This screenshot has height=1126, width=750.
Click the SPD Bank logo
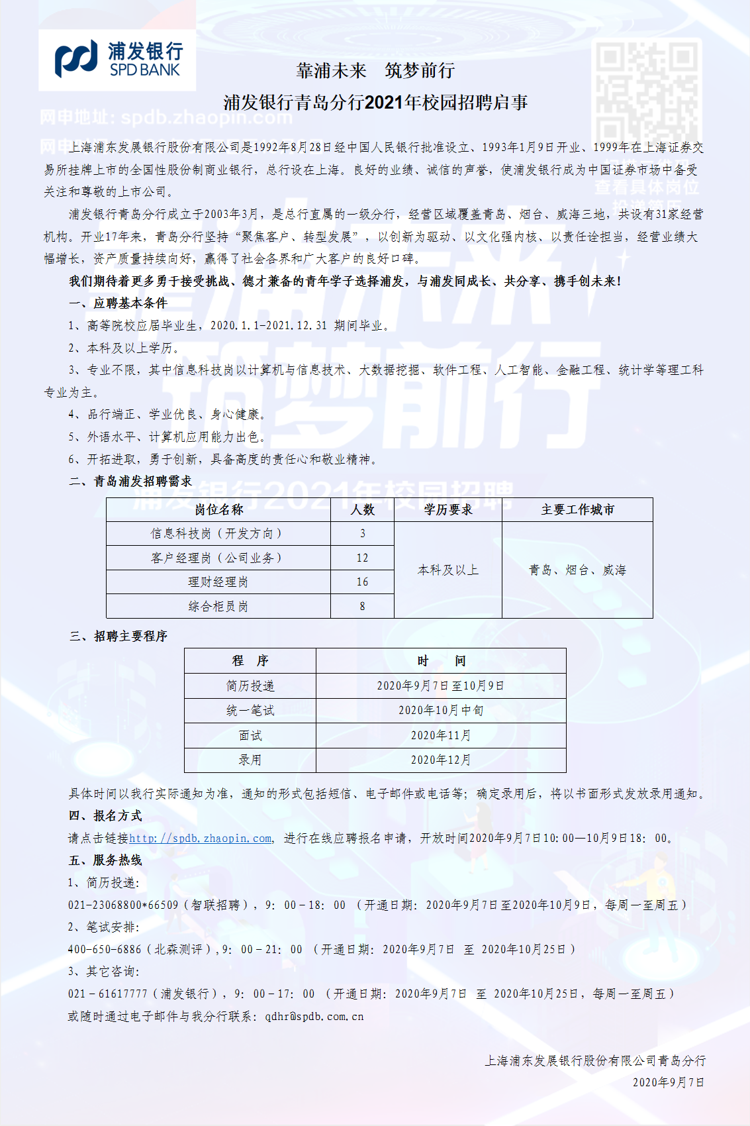(x=118, y=60)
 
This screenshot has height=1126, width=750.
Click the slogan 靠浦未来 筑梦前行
(x=375, y=71)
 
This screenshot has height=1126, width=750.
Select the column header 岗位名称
(x=218, y=509)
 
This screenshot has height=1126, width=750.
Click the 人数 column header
(x=362, y=509)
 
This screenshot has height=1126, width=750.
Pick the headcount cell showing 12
(x=362, y=558)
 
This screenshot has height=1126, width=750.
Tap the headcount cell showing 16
(x=362, y=582)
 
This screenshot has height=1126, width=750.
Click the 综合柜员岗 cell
(x=218, y=606)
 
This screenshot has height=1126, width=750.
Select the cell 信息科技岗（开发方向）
(x=218, y=533)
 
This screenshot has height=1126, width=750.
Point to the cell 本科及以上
(x=448, y=570)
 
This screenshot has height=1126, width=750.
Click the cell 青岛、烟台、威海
(x=577, y=570)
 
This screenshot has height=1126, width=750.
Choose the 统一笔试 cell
(x=250, y=711)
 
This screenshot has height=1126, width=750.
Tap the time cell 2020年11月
(x=441, y=735)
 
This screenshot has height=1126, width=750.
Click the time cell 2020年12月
(x=441, y=760)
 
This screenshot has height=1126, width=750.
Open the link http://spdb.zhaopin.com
(x=201, y=838)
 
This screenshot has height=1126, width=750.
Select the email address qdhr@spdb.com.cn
(x=314, y=1016)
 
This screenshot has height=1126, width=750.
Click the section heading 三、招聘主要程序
(x=118, y=636)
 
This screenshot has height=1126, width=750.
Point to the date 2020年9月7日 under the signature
(x=669, y=1082)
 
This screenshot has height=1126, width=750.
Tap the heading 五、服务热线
(x=106, y=860)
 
